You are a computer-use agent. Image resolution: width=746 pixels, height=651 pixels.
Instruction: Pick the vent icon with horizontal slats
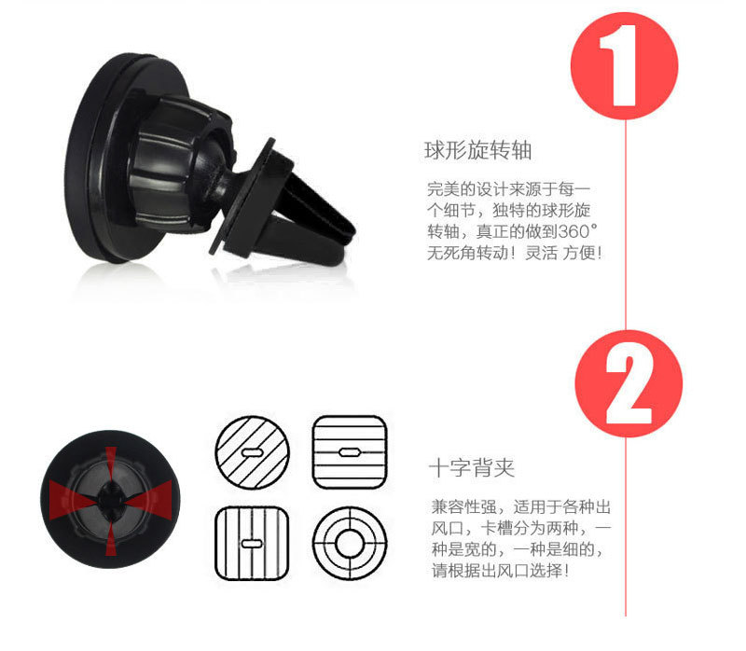348,451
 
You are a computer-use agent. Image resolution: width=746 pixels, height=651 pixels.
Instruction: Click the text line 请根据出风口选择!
500,570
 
